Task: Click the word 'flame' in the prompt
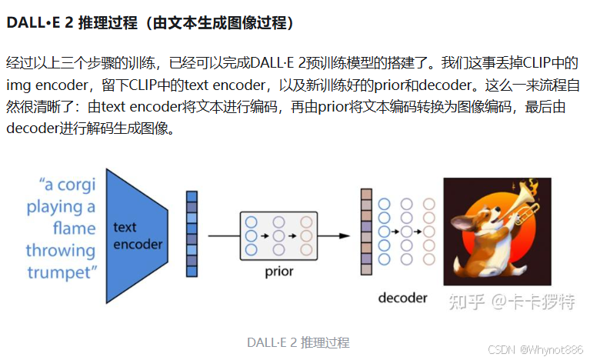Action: pyautogui.click(x=74, y=228)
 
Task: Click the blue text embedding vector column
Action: pyautogui.click(x=191, y=235)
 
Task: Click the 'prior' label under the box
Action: pyautogui.click(x=278, y=272)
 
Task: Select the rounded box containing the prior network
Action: pyautogui.click(x=278, y=235)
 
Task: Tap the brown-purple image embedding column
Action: pyautogui.click(x=366, y=231)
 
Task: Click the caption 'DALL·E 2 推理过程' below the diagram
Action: pyautogui.click(x=298, y=342)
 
